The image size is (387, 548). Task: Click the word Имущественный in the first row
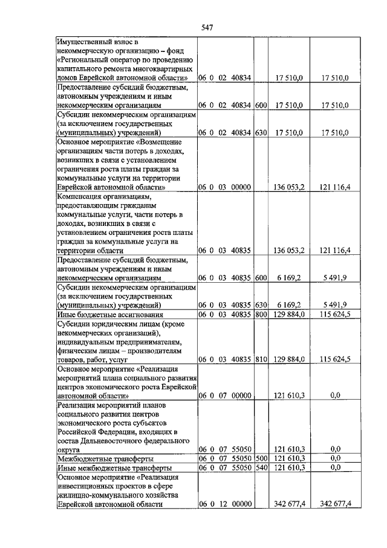pos(86,42)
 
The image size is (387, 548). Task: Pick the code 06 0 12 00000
pos(224,504)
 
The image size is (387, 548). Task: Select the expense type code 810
pos(261,359)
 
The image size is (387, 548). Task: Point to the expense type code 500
pos(261,459)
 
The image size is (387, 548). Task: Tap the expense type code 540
pos(261,467)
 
